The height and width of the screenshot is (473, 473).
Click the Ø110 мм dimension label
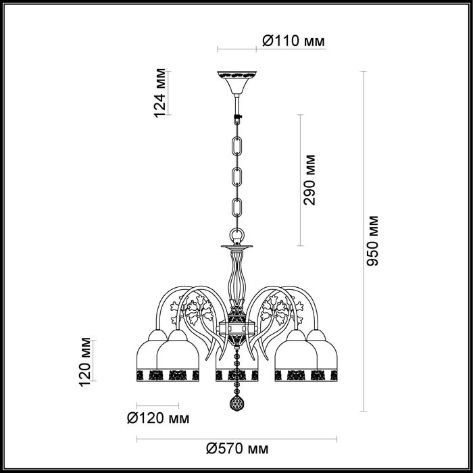(x=293, y=41)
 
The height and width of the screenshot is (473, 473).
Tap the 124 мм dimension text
(x=160, y=93)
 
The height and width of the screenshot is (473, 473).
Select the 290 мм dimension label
(x=309, y=180)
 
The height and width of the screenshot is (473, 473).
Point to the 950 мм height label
(x=372, y=241)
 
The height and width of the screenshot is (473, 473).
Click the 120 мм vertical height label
(x=84, y=362)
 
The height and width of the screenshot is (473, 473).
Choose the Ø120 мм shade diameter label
(x=158, y=418)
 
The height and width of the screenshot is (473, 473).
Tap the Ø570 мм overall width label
(x=237, y=449)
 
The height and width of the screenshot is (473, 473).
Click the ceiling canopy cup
(x=236, y=82)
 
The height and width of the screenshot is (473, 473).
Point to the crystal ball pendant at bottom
(x=237, y=403)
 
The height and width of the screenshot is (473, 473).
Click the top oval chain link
(x=236, y=146)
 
